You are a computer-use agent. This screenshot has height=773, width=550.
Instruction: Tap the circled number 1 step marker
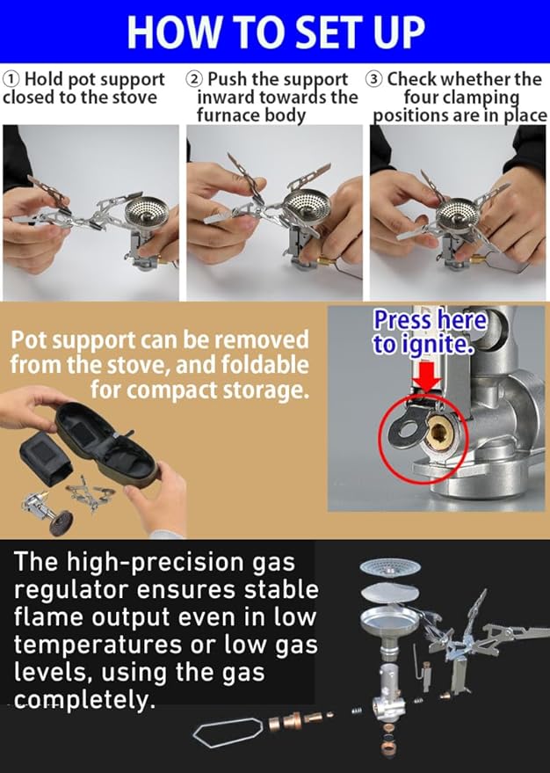pyautogui.click(x=11, y=79)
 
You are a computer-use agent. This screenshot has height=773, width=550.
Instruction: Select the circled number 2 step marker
pyautogui.click(x=195, y=79)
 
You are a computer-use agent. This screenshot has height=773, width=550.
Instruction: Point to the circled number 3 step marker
pyautogui.click(x=375, y=79)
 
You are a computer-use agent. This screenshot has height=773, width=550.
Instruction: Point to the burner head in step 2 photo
pyautogui.click(x=308, y=205)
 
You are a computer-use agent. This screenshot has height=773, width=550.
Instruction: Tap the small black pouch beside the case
pyautogui.click(x=46, y=462)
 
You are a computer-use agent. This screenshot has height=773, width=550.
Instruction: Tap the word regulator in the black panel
pyautogui.click(x=72, y=591)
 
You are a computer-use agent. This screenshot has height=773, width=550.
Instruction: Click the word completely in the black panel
pyautogui.click(x=81, y=700)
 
